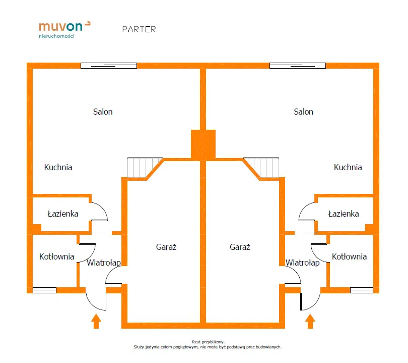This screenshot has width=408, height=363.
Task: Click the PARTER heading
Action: click(x=139, y=29)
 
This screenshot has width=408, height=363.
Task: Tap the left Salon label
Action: click(x=103, y=112)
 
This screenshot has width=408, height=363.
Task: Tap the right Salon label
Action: click(x=303, y=112)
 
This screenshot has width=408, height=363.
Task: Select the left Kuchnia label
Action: click(x=58, y=167)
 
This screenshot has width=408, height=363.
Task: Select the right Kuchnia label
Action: click(x=348, y=167)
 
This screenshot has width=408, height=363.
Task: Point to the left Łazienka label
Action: click(x=63, y=214)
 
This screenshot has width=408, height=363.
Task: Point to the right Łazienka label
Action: click(x=344, y=214)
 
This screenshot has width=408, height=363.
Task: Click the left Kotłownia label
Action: click(x=56, y=256)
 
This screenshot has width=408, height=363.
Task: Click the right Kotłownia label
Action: click(x=349, y=256)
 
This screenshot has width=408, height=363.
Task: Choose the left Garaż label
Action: click(x=166, y=247)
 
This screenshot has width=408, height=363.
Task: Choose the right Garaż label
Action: click(x=240, y=247)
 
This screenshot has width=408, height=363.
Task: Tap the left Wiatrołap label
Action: click(x=103, y=263)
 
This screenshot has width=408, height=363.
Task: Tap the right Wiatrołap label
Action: click(x=302, y=263)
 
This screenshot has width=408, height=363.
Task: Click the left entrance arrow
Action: click(x=96, y=321)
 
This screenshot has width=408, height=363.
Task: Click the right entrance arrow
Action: click(x=310, y=321)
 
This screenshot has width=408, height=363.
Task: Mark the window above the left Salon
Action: click(x=109, y=65)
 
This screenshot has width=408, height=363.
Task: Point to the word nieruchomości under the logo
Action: click(x=56, y=36)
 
